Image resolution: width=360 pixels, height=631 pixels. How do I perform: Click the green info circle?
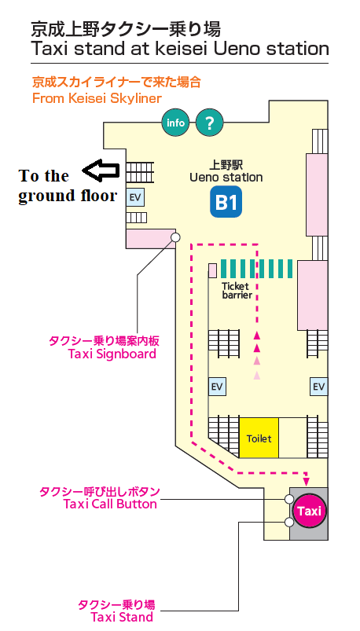click(175, 123)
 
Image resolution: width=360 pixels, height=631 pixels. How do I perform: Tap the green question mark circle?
click(209, 123)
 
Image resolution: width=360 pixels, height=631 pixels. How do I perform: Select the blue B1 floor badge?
click(226, 202)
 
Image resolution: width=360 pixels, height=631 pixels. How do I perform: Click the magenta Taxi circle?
click(309, 511)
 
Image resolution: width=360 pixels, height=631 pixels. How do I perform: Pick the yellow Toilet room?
click(259, 438)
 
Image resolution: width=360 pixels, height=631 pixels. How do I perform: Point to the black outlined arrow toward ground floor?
click(101, 171)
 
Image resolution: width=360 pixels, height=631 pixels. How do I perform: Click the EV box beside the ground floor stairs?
click(136, 197)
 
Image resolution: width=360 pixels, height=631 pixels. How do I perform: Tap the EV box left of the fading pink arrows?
click(217, 387)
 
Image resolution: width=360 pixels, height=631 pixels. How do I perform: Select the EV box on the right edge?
click(318, 387)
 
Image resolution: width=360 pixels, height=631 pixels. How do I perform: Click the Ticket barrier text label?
click(237, 291)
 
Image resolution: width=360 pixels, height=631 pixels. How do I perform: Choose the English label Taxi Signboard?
click(112, 354)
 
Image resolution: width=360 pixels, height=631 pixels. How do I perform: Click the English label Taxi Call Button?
click(110, 504)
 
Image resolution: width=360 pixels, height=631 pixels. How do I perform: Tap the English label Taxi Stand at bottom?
click(122, 617)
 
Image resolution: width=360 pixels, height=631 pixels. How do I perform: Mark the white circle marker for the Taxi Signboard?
click(175, 237)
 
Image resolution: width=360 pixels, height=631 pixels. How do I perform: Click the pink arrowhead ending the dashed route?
click(307, 481)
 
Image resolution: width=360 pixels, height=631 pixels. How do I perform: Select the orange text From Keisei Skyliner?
click(97, 98)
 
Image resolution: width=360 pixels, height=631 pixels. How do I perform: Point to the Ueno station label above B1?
click(226, 177)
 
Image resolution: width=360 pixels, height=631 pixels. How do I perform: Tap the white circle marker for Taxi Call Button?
click(288, 500)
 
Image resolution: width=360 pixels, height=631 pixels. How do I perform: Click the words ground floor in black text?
click(68, 196)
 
